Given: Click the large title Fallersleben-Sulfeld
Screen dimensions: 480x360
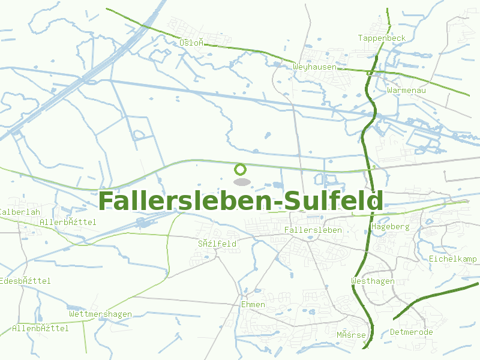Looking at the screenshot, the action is point(240,201).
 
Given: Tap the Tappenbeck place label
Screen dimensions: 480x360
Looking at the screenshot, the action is point(382,38).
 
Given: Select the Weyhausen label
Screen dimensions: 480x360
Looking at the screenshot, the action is point(315,67).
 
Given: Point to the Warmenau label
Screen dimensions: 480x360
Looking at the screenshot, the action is point(406,90).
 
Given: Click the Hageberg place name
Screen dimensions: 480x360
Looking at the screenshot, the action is point(390,227).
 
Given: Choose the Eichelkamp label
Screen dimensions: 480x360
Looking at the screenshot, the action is point(452,259).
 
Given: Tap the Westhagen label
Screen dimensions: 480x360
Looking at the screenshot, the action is point(373,281).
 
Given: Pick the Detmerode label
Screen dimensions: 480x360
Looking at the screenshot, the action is point(411,332).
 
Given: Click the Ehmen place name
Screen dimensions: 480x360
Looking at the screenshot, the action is point(253,305).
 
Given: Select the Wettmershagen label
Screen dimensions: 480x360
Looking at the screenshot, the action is point(100,314).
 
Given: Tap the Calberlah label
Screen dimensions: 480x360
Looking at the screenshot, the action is point(20,212).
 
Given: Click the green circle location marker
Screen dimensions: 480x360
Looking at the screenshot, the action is point(241,170).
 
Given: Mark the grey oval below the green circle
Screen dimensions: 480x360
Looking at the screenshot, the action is point(241,181).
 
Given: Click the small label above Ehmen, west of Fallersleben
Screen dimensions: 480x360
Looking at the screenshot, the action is point(217,244).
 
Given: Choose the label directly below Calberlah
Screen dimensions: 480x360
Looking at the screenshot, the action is point(68,222).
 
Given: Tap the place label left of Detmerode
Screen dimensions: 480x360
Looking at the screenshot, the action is point(350,335).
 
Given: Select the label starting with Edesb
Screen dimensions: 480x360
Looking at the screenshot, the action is point(25,281).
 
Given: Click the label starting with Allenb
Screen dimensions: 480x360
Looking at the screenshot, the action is point(40,328).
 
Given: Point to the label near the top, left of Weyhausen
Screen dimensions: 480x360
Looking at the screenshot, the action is point(193,43).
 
